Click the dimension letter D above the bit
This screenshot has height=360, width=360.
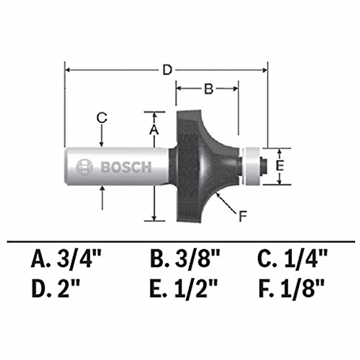[x=167, y=70]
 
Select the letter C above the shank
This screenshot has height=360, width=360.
[x=102, y=118]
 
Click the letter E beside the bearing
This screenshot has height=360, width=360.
[x=280, y=166]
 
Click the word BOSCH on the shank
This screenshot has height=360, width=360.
[x=126, y=167]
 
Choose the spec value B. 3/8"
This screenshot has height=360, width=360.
[x=185, y=259]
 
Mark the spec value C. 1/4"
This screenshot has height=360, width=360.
[x=292, y=259]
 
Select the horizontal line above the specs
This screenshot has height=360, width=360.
[x=180, y=241]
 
